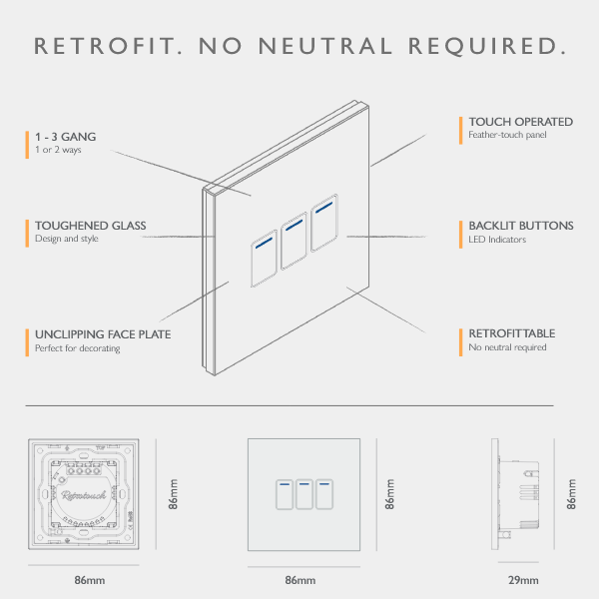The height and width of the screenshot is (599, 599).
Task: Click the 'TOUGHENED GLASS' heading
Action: tap(90, 226)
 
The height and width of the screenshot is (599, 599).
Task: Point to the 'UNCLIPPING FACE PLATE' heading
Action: tap(103, 334)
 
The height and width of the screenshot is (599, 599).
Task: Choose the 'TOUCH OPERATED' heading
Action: tap(520, 122)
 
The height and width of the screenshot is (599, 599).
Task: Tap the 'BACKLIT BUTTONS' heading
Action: tap(521, 226)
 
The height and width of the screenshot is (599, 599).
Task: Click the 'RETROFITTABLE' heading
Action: tap(512, 333)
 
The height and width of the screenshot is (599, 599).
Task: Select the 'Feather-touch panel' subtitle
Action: tap(507, 135)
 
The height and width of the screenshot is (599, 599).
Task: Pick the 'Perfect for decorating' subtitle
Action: tap(78, 348)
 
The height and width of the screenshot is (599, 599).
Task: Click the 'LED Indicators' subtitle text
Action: tap(497, 240)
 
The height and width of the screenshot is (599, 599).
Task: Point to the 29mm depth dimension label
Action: tap(523, 580)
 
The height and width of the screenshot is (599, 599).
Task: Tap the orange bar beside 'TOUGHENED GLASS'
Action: tap(27, 232)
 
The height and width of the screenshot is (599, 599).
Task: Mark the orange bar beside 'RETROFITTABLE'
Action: tap(460, 340)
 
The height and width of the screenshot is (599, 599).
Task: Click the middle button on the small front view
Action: tap(303, 494)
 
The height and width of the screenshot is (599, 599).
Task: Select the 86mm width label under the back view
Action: tap(89, 580)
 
